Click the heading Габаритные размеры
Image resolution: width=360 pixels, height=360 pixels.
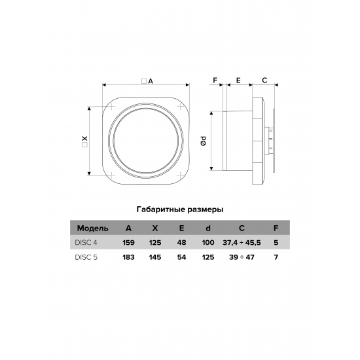pos(180,210)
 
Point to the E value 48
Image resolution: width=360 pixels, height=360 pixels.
pos(181,242)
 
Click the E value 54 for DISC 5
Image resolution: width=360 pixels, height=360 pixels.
pos(181,257)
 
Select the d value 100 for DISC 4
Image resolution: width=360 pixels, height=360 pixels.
pos(208,242)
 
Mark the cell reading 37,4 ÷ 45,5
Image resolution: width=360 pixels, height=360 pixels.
pos(242,242)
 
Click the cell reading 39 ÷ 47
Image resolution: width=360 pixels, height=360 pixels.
pos(242,257)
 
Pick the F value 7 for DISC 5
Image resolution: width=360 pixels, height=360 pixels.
pos(276,257)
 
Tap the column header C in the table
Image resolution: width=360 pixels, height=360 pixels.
pos(242,228)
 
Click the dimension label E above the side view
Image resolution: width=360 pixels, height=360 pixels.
pos(238,81)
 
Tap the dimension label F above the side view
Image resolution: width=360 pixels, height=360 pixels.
pos(214,81)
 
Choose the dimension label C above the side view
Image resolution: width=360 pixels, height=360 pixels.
pos(264,81)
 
